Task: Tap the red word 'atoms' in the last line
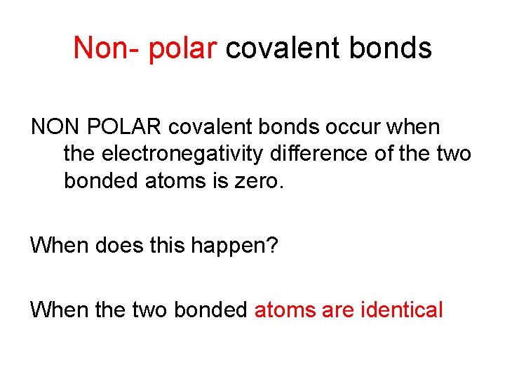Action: [283, 310]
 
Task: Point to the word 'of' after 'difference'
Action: [386, 154]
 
